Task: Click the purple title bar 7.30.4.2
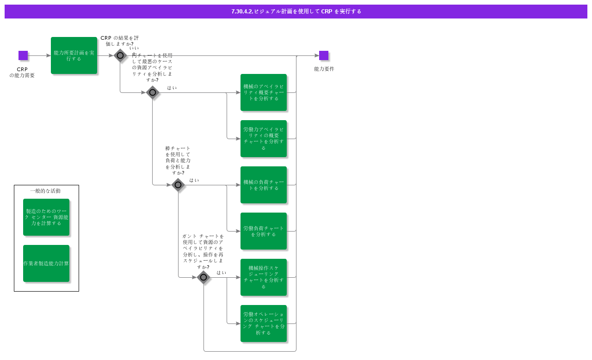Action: coord(296,12)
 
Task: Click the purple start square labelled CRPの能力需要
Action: coord(23,55)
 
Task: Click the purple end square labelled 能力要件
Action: coord(324,55)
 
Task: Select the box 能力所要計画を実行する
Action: coord(74,55)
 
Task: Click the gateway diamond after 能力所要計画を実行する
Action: coord(120,55)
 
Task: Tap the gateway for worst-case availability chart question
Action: coord(153,92)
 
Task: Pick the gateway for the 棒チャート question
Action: coord(178,185)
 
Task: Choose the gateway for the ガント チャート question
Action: coord(203,277)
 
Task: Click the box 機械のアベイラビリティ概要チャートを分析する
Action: coord(264,92)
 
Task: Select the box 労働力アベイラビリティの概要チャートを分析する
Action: coord(264,139)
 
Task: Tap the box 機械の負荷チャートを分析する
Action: coord(264,185)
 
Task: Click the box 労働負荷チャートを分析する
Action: coord(264,231)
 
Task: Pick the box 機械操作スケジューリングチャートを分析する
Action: coord(264,277)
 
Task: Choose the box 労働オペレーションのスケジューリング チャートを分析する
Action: coord(264,323)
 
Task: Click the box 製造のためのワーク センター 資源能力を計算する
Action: coord(46,217)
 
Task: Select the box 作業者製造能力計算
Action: coord(46,263)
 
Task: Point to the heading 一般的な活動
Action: coord(45,191)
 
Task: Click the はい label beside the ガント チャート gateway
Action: coord(222,273)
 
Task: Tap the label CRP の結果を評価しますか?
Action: coord(119,41)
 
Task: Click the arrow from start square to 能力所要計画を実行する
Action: coord(39,55)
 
